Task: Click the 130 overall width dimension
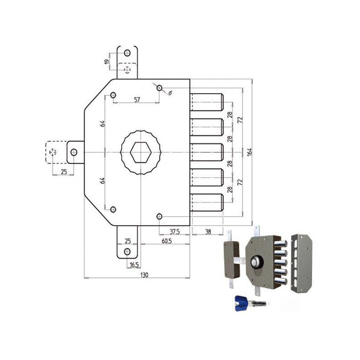pyautogui.click(x=144, y=276)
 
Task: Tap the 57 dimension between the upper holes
pyautogui.click(x=137, y=100)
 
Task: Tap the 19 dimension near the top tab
pyautogui.click(x=106, y=62)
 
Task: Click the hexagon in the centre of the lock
pyautogui.click(x=140, y=152)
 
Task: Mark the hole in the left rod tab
pyautogui.click(x=74, y=152)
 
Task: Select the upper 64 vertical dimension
pyautogui.click(x=103, y=123)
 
